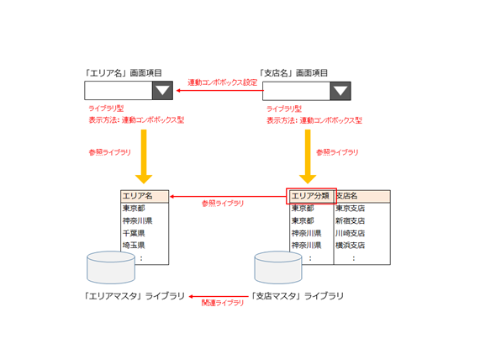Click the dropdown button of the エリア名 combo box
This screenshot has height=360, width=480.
[162, 90]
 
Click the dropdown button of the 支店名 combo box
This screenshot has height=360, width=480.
[340, 91]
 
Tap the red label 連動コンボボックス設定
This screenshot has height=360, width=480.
[223, 82]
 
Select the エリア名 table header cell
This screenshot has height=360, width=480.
[145, 196]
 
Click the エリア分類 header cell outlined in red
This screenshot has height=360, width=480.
[311, 196]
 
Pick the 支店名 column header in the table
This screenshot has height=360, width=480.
[362, 196]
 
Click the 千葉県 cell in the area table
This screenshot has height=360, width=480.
[134, 233]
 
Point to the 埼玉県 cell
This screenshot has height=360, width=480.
[134, 246]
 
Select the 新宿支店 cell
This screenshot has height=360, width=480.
[351, 220]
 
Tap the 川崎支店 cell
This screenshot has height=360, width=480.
[351, 233]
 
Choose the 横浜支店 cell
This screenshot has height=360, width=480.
[351, 246]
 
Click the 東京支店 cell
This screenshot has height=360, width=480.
[351, 209]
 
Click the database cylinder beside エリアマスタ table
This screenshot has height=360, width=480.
[111, 267]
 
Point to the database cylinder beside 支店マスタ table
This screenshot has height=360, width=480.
[278, 267]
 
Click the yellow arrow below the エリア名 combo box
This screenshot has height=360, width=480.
[144, 156]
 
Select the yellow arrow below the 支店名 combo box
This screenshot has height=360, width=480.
[308, 156]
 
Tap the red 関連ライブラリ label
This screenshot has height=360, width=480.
[223, 303]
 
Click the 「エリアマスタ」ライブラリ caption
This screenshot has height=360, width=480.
[135, 296]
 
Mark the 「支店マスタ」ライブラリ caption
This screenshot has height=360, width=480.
[298, 296]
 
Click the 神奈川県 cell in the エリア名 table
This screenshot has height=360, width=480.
[138, 220]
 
